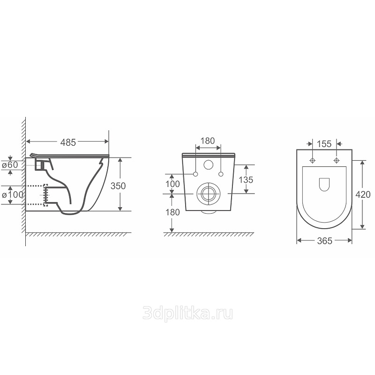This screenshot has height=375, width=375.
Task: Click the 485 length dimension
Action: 68,142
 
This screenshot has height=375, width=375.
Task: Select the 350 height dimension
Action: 118,186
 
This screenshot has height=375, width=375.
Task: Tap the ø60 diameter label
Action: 10,165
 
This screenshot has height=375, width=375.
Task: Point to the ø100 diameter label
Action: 13,195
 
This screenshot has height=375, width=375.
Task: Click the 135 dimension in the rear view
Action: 246,180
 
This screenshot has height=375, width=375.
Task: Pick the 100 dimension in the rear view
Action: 172,184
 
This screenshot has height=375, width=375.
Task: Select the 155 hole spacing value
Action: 324,144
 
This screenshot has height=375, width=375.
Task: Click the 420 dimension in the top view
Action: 363,195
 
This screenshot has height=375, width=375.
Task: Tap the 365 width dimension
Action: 325,241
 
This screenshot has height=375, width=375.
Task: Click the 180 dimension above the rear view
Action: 208,141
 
